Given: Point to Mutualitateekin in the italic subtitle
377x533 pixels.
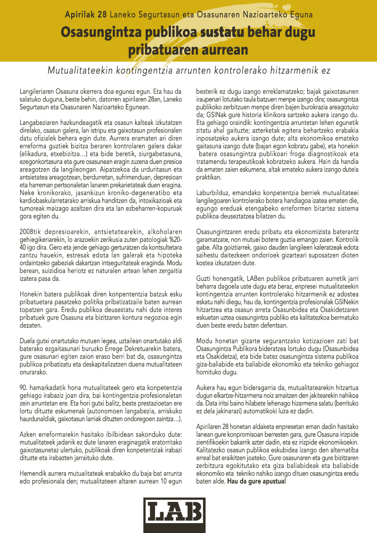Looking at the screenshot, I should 78,71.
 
